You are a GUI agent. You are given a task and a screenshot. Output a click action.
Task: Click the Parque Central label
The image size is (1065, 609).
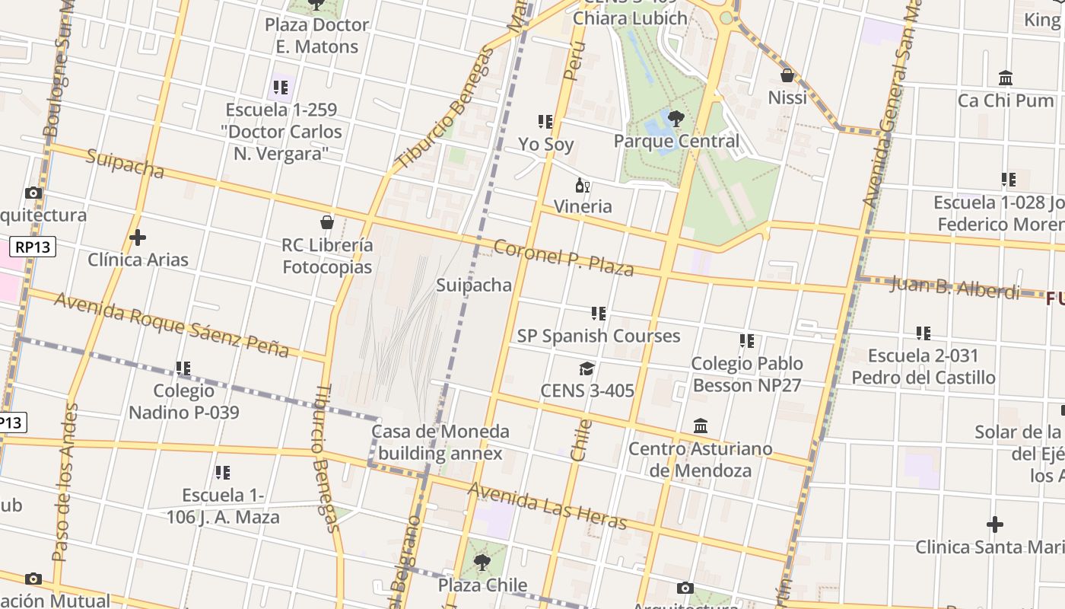(x=676, y=141)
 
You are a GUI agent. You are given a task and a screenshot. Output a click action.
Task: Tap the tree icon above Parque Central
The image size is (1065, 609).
(x=676, y=118)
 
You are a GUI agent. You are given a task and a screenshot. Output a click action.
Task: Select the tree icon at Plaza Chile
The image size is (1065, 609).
(x=482, y=563)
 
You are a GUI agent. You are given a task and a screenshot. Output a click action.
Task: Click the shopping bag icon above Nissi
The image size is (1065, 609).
(x=787, y=75)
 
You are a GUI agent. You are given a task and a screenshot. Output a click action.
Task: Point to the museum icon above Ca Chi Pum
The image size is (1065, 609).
(x=1006, y=78)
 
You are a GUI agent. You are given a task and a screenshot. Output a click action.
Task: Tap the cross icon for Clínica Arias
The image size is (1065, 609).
(x=138, y=238)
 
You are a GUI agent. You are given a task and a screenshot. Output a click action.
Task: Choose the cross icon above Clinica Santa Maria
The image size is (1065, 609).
(x=994, y=525)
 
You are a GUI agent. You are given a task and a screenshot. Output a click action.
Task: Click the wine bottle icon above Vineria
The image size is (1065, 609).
(x=583, y=185)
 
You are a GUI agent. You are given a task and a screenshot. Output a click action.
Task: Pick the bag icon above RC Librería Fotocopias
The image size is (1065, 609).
(x=327, y=222)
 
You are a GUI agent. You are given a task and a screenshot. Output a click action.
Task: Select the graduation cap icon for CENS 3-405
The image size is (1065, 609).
(x=587, y=369)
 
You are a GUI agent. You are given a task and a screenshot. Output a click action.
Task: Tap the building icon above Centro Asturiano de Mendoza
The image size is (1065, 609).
(x=701, y=426)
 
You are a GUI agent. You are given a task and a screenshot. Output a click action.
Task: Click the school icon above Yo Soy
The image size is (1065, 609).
(x=545, y=122)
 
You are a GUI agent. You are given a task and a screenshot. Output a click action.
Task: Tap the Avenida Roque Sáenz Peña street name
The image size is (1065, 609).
(x=171, y=324)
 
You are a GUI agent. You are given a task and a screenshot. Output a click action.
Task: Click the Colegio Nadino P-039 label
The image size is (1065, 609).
(x=183, y=402)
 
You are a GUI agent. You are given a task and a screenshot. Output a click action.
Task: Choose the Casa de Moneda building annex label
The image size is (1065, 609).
(x=440, y=442)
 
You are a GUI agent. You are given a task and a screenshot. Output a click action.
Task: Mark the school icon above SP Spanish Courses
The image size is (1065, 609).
(x=599, y=314)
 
